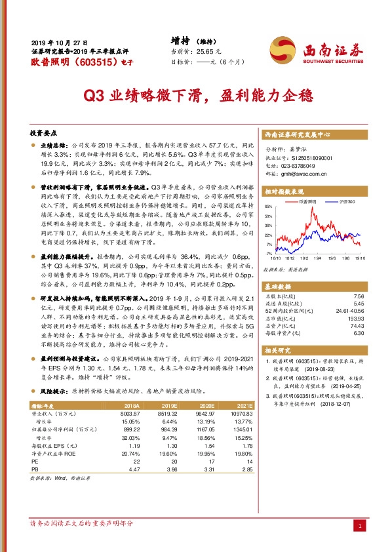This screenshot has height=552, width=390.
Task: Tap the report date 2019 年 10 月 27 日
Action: pyautogui.click(x=58, y=41)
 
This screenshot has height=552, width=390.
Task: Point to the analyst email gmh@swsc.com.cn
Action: pyautogui.click(x=303, y=174)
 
